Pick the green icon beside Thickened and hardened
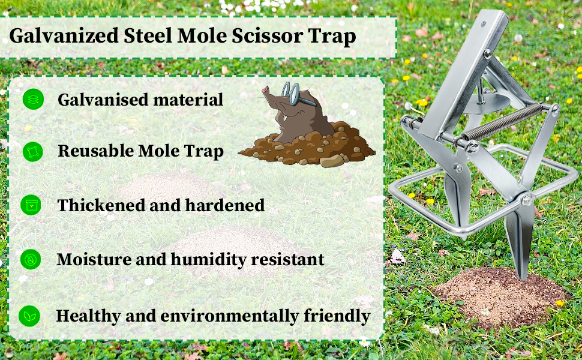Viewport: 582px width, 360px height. pyautogui.click(x=31, y=205)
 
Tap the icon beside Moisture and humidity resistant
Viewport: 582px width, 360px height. pyautogui.click(x=30, y=259)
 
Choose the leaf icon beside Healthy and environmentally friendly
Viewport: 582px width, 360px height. pyautogui.click(x=29, y=316)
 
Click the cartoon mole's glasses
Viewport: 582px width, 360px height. pyautogui.click(x=291, y=94)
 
